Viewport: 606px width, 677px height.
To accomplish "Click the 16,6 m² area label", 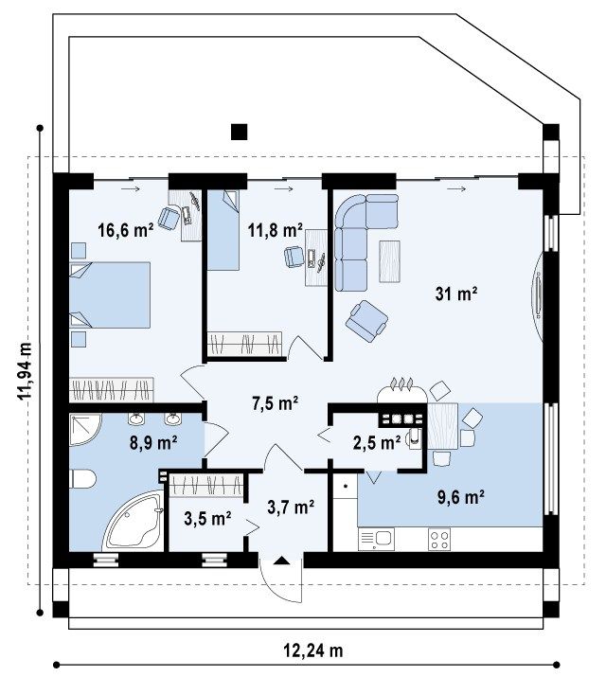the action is click(x=126, y=230).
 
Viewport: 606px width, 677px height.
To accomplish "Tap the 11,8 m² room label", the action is click(x=275, y=230).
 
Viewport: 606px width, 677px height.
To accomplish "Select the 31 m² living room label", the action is click(x=455, y=294).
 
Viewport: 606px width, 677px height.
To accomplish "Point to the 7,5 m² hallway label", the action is click(x=275, y=403).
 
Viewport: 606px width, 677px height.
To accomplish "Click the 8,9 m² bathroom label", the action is click(x=153, y=442).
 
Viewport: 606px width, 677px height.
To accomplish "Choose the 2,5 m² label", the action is click(x=376, y=442).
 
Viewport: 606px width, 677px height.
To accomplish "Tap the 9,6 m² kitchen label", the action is click(x=460, y=497).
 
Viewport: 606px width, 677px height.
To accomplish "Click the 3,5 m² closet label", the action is click(x=207, y=518).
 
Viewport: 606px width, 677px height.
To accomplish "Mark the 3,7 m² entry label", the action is click(x=291, y=508).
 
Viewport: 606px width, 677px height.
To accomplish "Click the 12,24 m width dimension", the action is click(x=312, y=650).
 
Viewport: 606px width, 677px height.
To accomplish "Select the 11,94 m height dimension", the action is click(x=25, y=371).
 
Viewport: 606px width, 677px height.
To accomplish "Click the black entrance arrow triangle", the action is click(x=282, y=561).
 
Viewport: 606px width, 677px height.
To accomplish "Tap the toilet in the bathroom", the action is click(x=82, y=479).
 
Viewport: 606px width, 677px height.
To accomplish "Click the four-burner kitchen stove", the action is click(x=439, y=540).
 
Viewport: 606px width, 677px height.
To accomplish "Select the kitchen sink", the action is click(x=376, y=539).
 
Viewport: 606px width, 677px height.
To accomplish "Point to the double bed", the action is click(x=110, y=294).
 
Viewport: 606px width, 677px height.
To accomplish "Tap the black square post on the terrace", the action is click(x=240, y=133).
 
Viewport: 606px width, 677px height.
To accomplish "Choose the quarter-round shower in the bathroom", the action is click(x=85, y=430).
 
